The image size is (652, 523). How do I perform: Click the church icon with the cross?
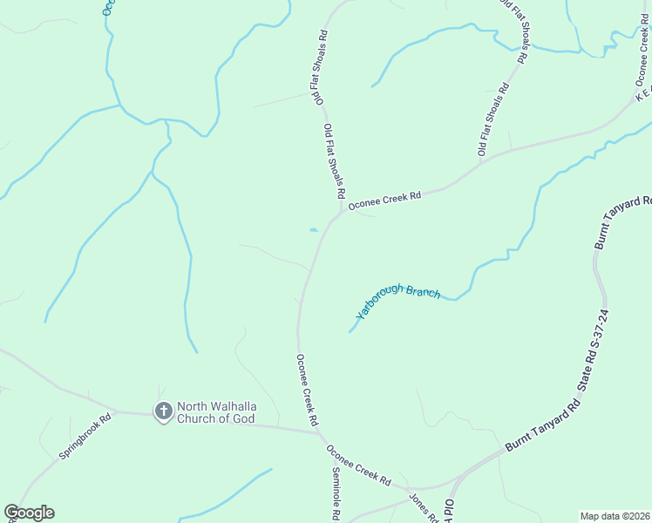pos(163,411)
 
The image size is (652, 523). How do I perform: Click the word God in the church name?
pos(241,418)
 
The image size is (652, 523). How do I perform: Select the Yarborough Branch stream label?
pos(398,302)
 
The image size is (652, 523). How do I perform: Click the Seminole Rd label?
pos(336,493)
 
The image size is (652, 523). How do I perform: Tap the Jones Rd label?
pos(424,509)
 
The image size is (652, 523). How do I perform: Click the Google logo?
pos(29,513)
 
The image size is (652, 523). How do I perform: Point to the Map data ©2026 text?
pos(614,516)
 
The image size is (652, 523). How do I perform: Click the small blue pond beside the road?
pos(313,230)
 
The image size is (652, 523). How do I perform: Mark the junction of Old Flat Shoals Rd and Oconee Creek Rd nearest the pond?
pos(341,211)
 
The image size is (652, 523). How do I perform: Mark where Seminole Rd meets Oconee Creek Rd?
pos(323,435)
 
